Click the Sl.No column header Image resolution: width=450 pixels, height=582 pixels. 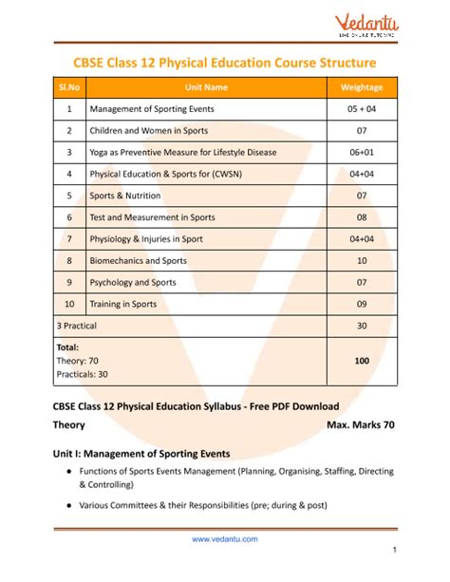pos(69,87)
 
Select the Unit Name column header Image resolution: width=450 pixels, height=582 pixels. pos(205,87)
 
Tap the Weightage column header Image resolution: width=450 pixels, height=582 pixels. pos(362,87)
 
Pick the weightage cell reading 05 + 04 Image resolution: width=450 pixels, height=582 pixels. pos(362,109)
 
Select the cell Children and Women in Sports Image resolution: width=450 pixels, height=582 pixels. pos(148,130)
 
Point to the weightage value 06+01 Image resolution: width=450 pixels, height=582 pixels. pos(362,152)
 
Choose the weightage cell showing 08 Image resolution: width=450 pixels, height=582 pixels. pos(362,217)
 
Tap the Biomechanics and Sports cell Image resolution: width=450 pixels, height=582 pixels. pos(139,260)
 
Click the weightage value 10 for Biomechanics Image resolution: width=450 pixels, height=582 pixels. pos(362,260)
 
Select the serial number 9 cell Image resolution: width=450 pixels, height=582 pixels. pos(69,282)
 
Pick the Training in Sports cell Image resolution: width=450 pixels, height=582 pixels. pos(124,304)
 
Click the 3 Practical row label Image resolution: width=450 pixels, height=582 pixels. pos(78,326)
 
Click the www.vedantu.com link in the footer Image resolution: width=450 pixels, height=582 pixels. pos(224,539)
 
